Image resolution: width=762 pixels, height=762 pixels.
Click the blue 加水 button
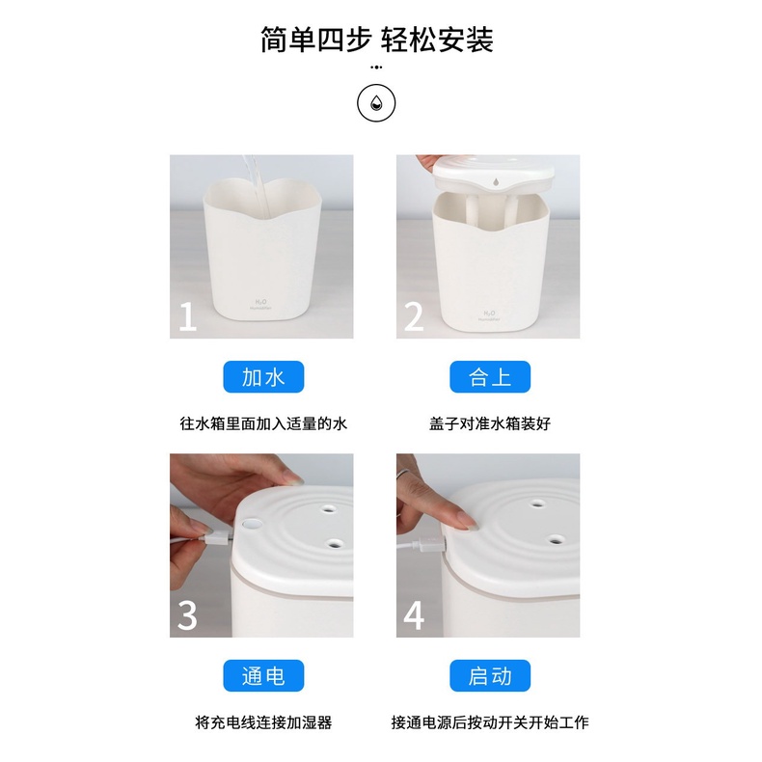(263, 376)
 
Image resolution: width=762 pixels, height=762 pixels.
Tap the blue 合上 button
(490, 376)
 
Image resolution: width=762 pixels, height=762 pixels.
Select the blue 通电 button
(263, 675)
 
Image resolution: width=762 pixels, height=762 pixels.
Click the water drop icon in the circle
(376, 103)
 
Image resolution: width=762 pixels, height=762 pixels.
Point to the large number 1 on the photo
(187, 316)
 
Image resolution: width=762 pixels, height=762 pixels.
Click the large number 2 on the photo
(414, 316)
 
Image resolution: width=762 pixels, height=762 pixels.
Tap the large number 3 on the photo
(187, 615)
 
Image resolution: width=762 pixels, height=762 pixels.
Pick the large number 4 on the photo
(414, 615)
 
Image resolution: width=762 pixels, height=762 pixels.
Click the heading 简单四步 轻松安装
(377, 40)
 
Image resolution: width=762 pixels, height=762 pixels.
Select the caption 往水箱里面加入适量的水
(263, 423)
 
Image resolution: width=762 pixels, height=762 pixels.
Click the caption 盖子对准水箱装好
(490, 423)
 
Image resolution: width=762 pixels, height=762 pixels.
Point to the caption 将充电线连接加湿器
(263, 722)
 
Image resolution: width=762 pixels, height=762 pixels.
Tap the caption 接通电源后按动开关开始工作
(490, 722)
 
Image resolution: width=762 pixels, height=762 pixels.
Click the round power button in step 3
(251, 524)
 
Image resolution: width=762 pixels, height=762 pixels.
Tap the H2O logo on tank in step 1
(261, 305)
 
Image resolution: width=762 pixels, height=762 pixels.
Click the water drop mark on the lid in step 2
(496, 182)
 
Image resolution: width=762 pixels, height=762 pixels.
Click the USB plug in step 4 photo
(431, 544)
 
